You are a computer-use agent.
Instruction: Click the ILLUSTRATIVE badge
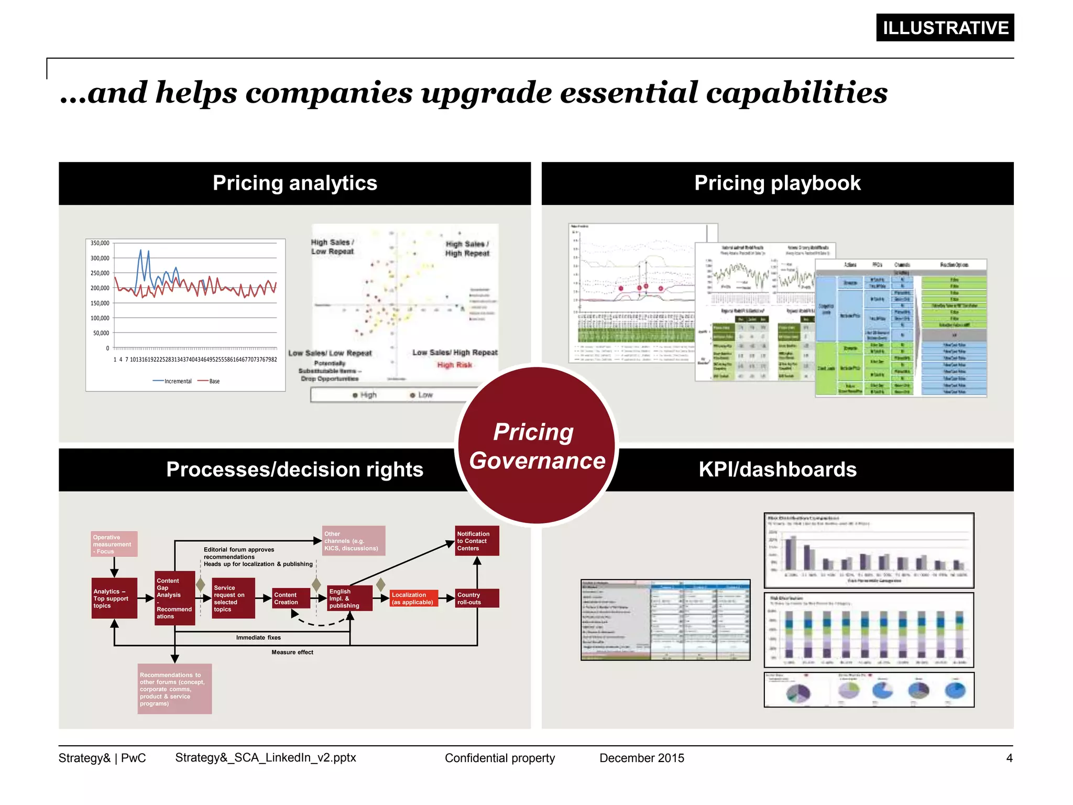pyautogui.click(x=945, y=28)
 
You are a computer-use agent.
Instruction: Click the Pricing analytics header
pyautogui.click(x=294, y=183)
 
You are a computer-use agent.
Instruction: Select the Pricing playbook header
pyautogui.click(x=777, y=183)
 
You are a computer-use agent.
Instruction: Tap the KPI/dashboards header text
pyautogui.click(x=777, y=470)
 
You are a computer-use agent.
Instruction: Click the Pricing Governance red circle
pyautogui.click(x=536, y=446)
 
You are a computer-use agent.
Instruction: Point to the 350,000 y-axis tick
pyautogui.click(x=100, y=243)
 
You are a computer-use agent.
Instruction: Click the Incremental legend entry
pyautogui.click(x=173, y=382)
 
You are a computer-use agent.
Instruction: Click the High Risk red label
pyautogui.click(x=454, y=365)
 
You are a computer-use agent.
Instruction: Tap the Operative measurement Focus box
pyautogui.click(x=114, y=544)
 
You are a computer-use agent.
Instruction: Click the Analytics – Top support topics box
pyautogui.click(x=114, y=599)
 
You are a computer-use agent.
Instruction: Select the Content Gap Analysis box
pyautogui.click(x=174, y=599)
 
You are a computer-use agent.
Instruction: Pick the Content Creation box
pyautogui.click(x=290, y=599)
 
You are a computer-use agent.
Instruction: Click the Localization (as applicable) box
pyautogui.click(x=413, y=599)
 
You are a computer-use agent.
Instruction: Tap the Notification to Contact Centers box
pyautogui.click(x=476, y=541)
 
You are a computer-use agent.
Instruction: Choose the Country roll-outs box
pyautogui.click(x=476, y=599)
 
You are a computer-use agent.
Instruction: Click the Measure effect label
pyautogui.click(x=292, y=652)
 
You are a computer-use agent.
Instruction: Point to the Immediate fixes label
pyautogui.click(x=258, y=638)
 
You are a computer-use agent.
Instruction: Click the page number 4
pyautogui.click(x=1009, y=758)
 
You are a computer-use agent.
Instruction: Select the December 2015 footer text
pyautogui.click(x=641, y=758)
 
